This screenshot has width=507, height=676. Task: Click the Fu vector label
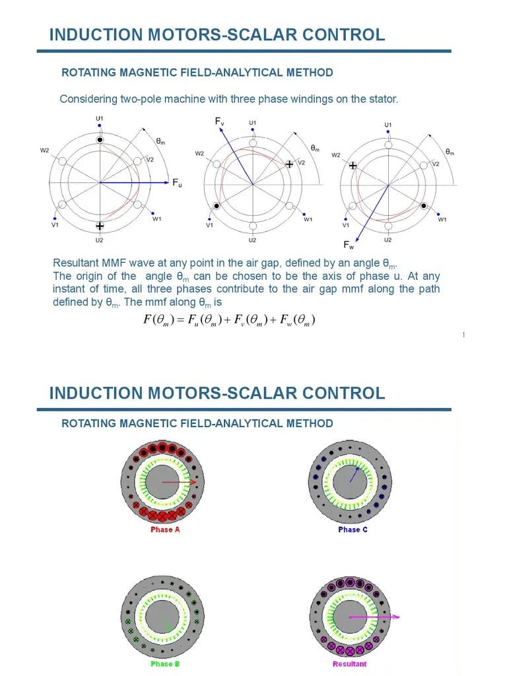click(x=177, y=184)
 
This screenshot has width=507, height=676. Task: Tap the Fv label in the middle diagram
click(x=220, y=121)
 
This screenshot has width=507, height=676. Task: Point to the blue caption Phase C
click(x=353, y=529)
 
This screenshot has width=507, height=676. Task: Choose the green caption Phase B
click(x=164, y=663)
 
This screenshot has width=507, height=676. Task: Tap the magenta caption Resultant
click(x=350, y=663)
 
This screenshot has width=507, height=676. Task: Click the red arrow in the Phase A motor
click(x=179, y=483)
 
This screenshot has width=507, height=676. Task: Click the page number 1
click(x=463, y=335)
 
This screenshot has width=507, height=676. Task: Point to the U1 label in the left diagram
click(x=100, y=119)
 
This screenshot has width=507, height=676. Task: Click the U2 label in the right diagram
click(x=388, y=240)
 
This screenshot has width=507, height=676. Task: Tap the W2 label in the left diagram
click(x=45, y=151)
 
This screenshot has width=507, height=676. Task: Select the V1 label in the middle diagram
click(x=209, y=225)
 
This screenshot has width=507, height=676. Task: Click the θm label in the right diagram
click(x=450, y=152)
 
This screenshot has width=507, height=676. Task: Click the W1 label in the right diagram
click(x=442, y=220)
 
